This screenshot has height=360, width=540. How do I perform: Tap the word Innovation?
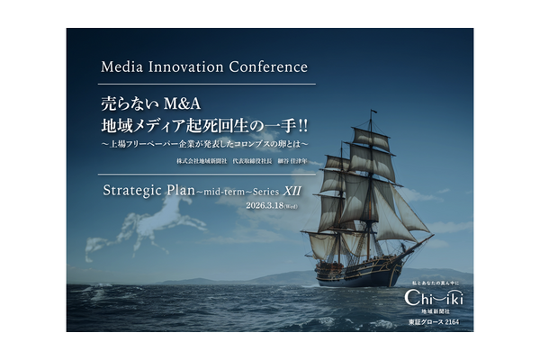click(x=191, y=67)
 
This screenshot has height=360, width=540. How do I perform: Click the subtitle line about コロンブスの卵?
click(x=204, y=142)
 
